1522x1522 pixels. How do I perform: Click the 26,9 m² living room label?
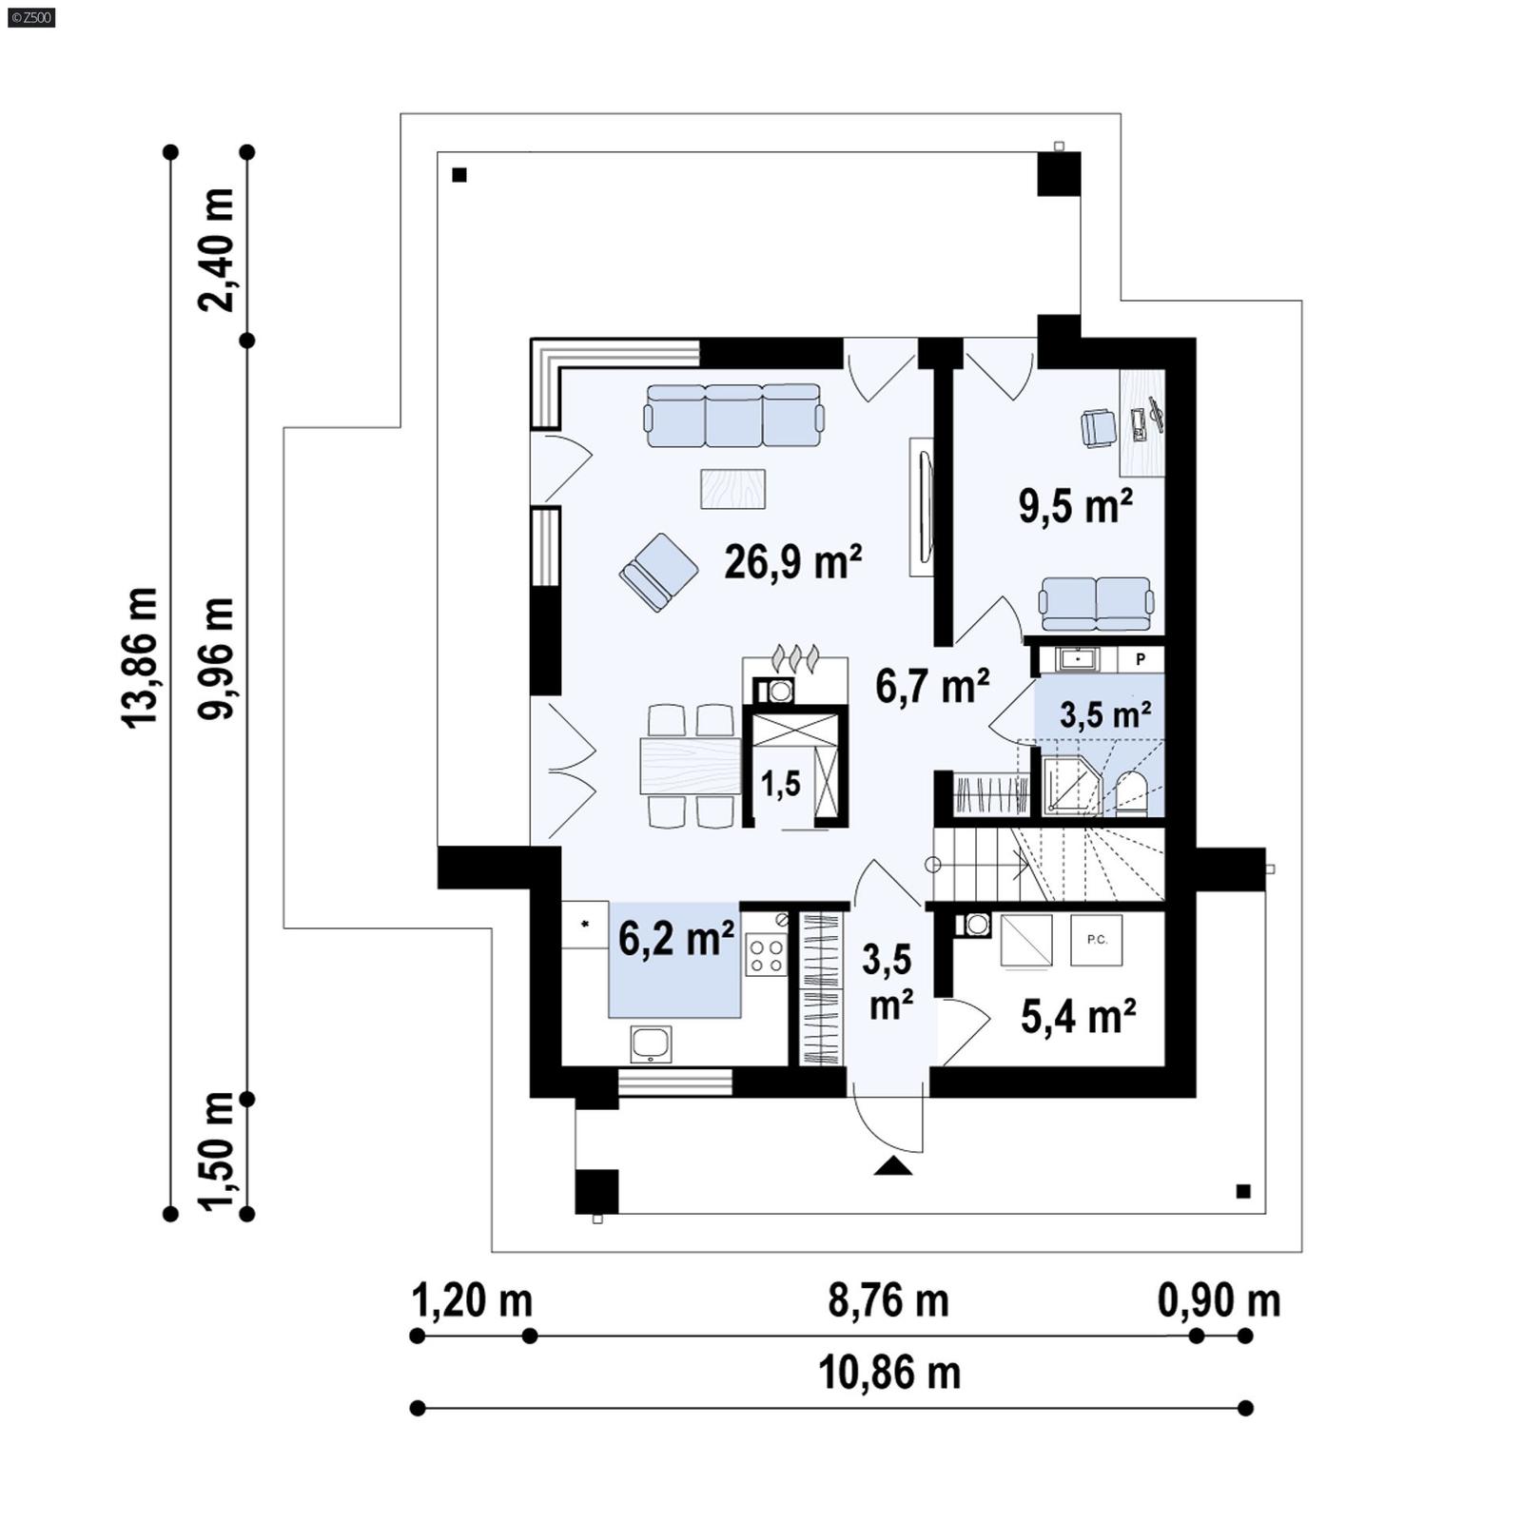point(792,562)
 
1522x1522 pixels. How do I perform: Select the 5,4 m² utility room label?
point(1078,1017)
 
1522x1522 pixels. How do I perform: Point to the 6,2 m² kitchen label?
point(675,939)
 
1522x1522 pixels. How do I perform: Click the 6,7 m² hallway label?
point(932,686)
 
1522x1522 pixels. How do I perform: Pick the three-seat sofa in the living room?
point(733,416)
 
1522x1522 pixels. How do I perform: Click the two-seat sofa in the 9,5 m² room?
point(1096,602)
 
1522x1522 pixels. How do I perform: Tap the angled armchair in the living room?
point(658,571)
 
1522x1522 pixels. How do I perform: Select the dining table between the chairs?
point(691,766)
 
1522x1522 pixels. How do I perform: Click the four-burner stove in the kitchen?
point(766,955)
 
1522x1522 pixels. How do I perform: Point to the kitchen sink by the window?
point(651,1044)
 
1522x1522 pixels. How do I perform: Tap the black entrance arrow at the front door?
point(892,1166)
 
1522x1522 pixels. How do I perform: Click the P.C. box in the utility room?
point(1097,941)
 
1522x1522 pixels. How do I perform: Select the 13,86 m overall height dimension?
point(140,658)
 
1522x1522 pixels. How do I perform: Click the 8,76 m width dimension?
point(888,1300)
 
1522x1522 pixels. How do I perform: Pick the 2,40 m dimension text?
point(217,249)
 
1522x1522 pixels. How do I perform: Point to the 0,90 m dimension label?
point(1219,1300)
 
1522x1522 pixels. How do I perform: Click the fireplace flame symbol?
point(795,656)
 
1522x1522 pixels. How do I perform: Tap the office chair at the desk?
point(1099,427)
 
